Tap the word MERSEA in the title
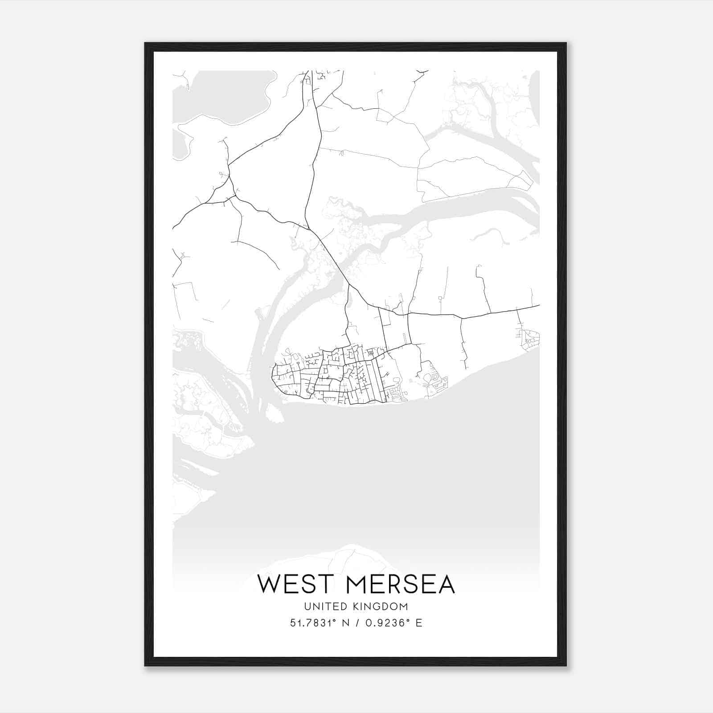pos(400,584)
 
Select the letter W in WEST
pos(269,584)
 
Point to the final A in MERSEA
pos(446,584)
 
